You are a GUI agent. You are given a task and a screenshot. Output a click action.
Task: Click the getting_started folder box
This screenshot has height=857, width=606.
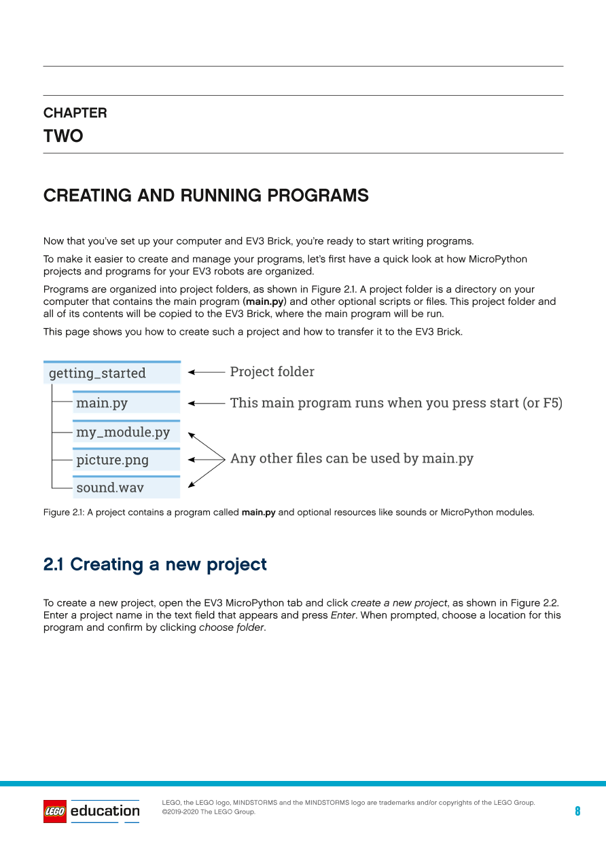(x=112, y=373)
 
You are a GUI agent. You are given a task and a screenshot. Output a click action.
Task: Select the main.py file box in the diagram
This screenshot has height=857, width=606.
(x=126, y=403)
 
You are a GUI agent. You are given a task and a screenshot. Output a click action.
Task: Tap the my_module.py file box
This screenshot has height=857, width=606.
(x=126, y=432)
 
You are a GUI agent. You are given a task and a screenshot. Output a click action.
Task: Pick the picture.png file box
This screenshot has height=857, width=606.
(x=126, y=460)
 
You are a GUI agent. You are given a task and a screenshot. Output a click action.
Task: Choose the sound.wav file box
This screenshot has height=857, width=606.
(x=126, y=488)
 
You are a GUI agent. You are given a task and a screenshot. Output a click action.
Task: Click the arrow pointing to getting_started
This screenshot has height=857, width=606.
(x=206, y=372)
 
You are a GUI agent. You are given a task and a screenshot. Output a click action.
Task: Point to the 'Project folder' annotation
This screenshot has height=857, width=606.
(x=272, y=371)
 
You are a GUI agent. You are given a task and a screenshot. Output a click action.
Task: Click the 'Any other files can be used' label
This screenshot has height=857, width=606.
(x=351, y=458)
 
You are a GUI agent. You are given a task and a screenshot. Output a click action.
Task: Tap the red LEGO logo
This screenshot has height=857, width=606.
(x=55, y=811)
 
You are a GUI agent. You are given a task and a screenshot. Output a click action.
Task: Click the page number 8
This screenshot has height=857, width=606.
(x=577, y=811)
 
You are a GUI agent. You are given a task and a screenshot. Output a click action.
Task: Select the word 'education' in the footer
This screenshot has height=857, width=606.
(x=105, y=810)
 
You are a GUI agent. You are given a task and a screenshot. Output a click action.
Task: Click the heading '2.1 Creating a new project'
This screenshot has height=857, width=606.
(x=155, y=564)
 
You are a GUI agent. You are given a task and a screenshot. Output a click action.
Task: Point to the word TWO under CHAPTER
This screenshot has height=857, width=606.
(x=63, y=136)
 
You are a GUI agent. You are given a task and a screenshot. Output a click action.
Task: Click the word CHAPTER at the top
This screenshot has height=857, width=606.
(x=75, y=113)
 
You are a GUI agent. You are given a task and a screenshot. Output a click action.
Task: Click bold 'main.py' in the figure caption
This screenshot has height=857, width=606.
(x=258, y=513)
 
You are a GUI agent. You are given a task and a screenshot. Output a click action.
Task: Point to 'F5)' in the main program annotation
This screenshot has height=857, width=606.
(x=552, y=403)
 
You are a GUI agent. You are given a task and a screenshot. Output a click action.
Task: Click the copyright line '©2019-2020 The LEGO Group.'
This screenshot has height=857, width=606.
(x=209, y=812)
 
